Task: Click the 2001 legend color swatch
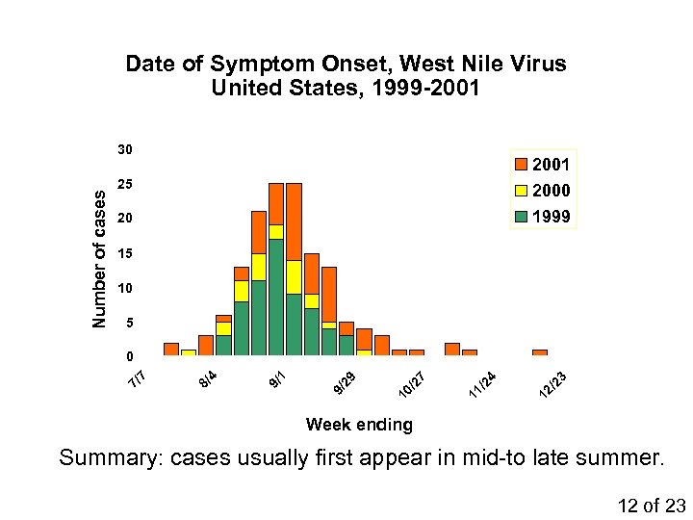click(521, 165)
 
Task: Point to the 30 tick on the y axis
click(125, 150)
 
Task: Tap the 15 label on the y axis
click(125, 254)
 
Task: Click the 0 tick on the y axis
click(129, 358)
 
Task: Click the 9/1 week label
click(276, 380)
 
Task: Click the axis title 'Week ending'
click(358, 425)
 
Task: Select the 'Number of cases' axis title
click(99, 256)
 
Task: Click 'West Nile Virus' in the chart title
click(482, 65)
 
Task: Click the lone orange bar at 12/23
click(540, 352)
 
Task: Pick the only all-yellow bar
click(189, 352)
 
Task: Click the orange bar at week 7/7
click(171, 349)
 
